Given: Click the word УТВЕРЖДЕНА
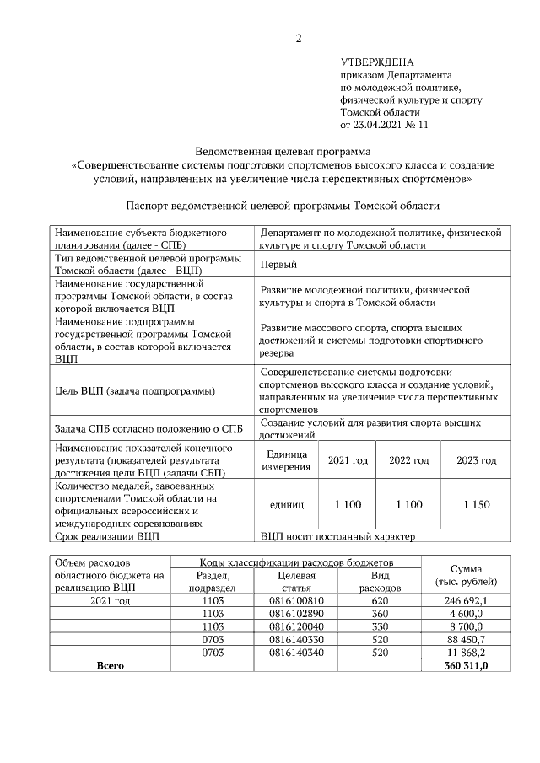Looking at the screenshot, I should point(377,62).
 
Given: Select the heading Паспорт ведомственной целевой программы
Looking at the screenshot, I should point(283,205).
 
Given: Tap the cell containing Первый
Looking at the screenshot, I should point(278,265).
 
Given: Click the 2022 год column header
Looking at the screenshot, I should point(408,460).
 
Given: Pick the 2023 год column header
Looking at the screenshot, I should point(477,460).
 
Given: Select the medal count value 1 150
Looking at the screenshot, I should point(477,504).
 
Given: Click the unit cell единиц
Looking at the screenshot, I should point(286,504).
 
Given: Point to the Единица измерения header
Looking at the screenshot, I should point(286,460).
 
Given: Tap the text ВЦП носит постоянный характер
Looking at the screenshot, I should point(337,535).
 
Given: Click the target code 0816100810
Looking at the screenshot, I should point(296,600).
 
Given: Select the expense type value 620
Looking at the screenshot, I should point(380,600).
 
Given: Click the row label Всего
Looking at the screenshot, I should point(110,665).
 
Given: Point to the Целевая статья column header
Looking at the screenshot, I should point(296,581).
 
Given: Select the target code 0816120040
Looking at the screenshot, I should point(296,626).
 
